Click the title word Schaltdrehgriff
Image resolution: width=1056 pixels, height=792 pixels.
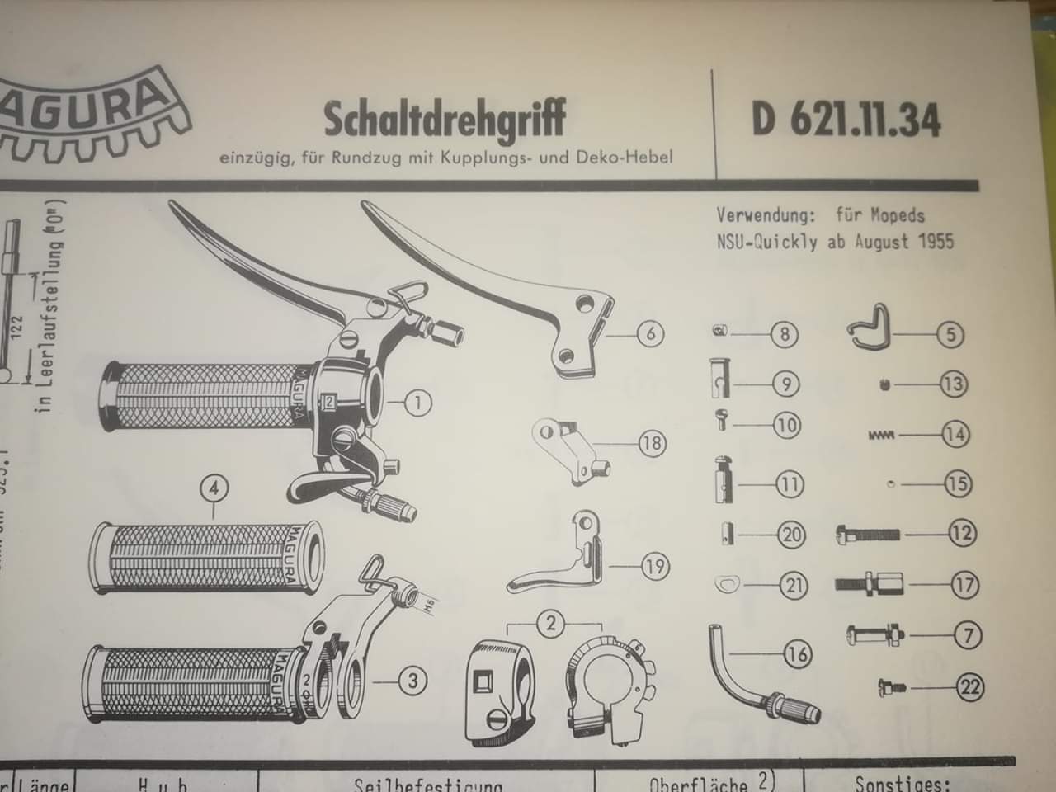pyautogui.click(x=445, y=120)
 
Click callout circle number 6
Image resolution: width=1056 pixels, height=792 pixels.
pyautogui.click(x=650, y=334)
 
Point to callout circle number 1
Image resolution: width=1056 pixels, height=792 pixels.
pyautogui.click(x=417, y=403)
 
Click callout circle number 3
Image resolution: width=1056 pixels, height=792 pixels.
pyautogui.click(x=412, y=681)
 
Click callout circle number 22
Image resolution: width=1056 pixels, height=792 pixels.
pyautogui.click(x=970, y=686)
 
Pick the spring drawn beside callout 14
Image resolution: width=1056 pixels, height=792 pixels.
pyautogui.click(x=884, y=434)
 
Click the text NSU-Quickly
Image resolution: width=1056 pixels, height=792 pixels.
pyautogui.click(x=768, y=243)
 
